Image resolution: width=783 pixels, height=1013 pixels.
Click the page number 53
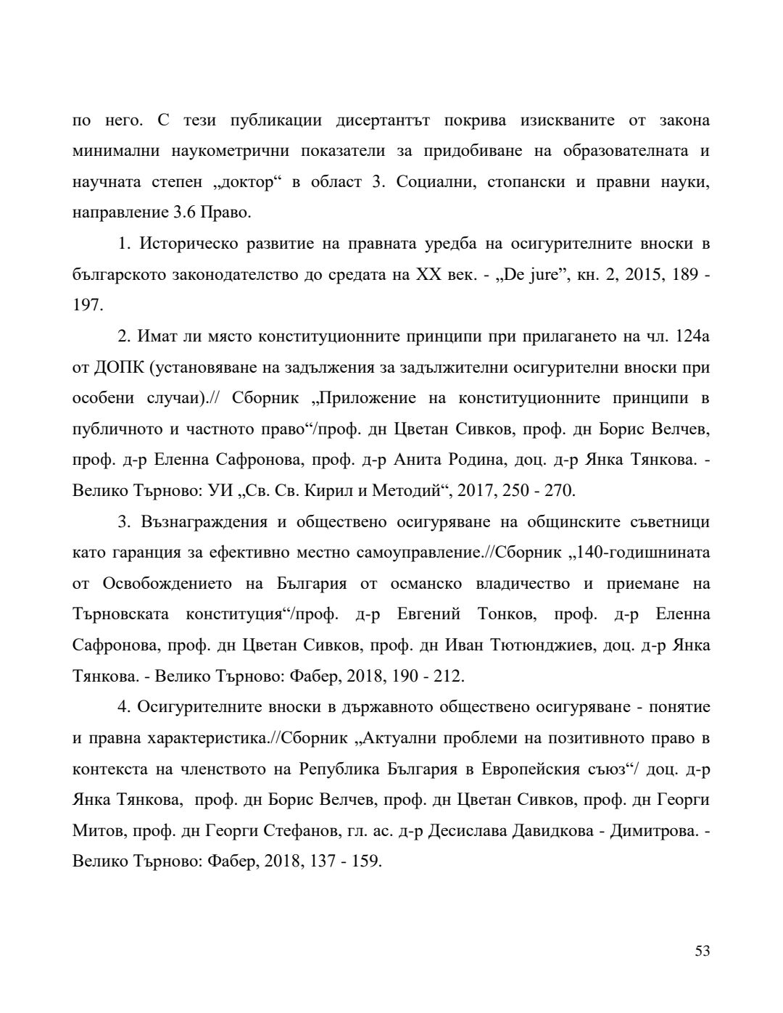point(702,951)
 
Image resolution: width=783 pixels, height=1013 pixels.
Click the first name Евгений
point(428,614)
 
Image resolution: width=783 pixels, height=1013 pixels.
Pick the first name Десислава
point(468,830)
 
